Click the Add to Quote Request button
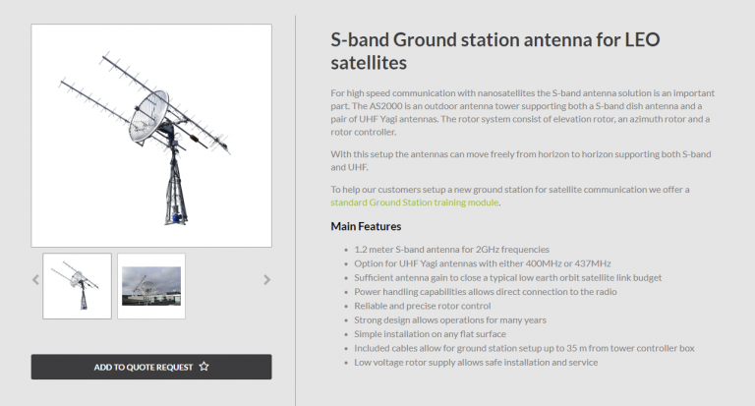point(151,367)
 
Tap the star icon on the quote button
point(204,367)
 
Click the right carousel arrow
point(266,280)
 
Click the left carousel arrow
point(35,280)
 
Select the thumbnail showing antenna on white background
point(77,286)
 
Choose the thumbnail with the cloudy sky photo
point(151,286)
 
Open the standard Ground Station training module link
point(415,203)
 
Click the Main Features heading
point(366,226)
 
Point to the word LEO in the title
point(642,40)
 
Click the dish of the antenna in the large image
point(148,117)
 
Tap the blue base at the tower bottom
point(177,218)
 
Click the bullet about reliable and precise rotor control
point(423,306)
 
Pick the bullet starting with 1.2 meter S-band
point(451,250)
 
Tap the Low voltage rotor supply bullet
point(476,362)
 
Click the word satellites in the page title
point(369,63)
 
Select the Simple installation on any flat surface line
point(430,334)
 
